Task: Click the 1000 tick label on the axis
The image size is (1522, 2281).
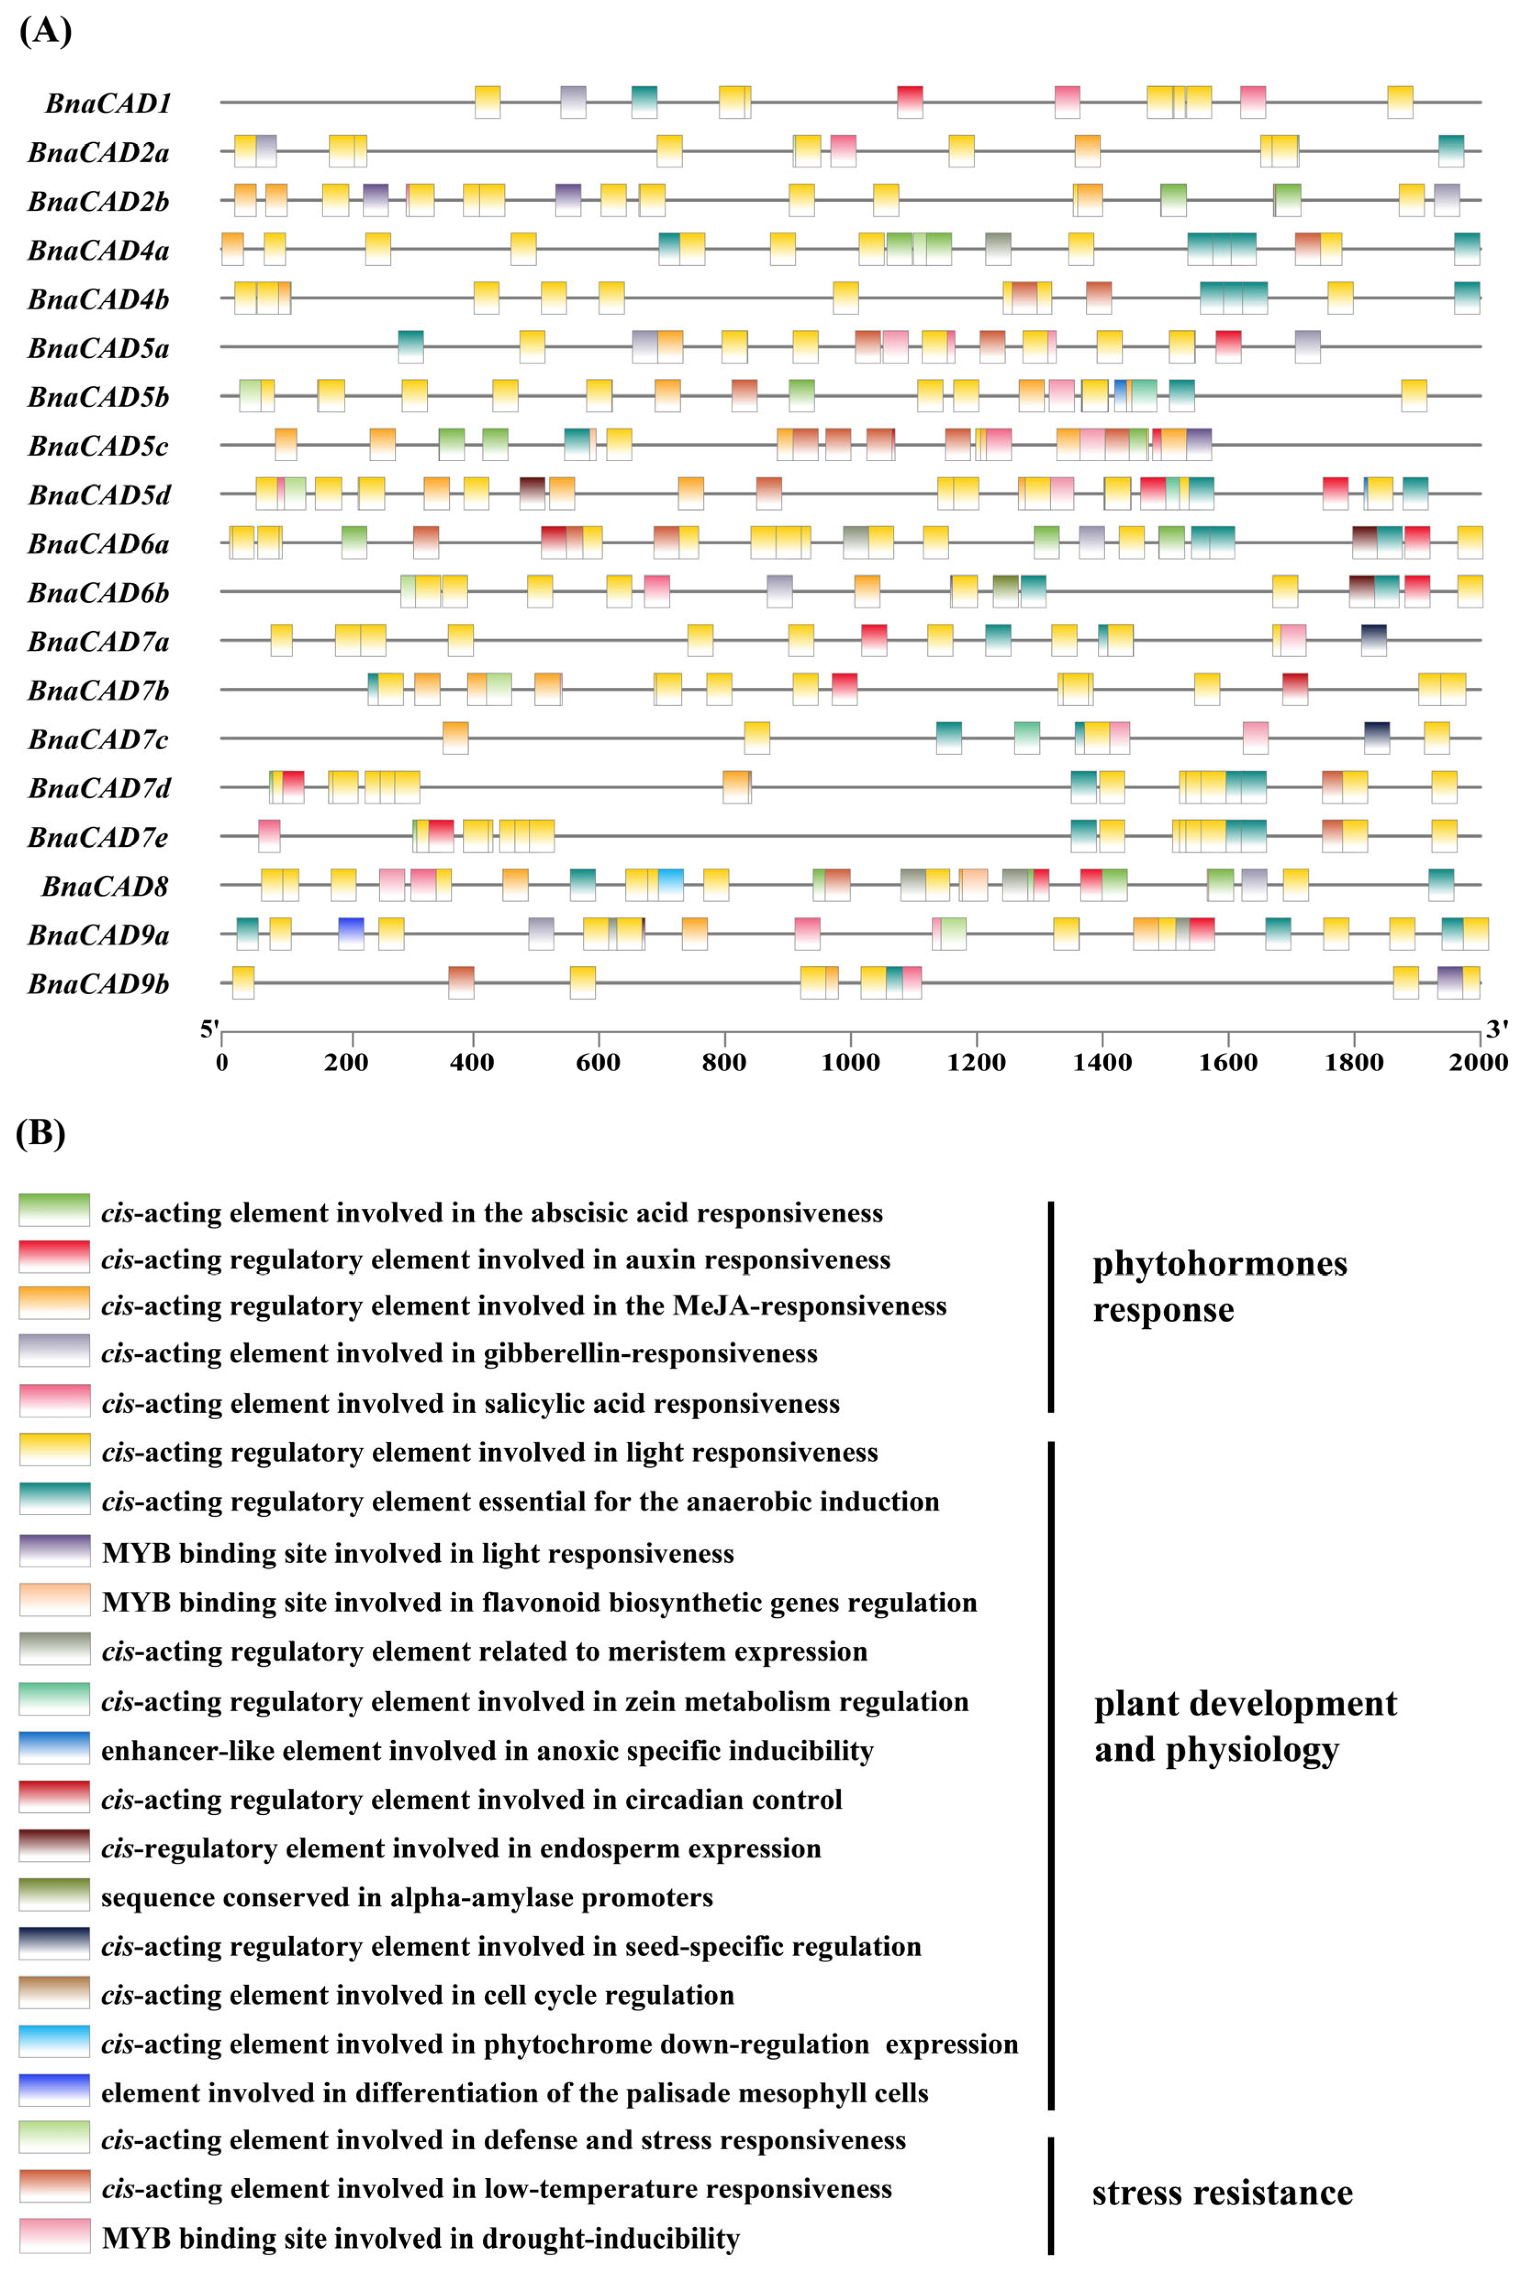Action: pos(850,1062)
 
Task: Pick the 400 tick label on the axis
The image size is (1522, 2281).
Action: pos(472,1062)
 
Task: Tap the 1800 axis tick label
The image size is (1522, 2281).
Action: pos(1353,1062)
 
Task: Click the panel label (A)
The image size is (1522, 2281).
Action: pos(44,31)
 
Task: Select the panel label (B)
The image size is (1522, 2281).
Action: pos(41,1133)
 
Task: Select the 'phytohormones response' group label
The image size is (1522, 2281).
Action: pos(1219,1286)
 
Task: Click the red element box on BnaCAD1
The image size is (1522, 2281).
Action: pos(909,102)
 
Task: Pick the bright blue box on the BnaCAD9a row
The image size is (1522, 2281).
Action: pos(351,934)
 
